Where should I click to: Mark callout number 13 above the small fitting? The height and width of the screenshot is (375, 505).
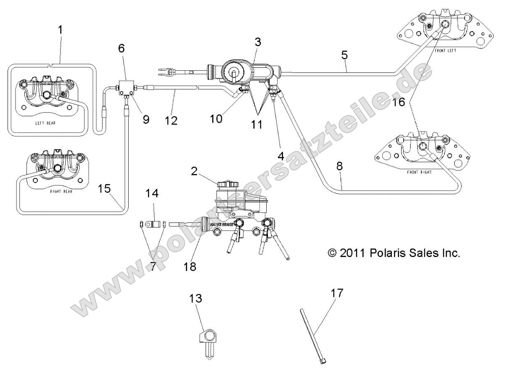[196, 299]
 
